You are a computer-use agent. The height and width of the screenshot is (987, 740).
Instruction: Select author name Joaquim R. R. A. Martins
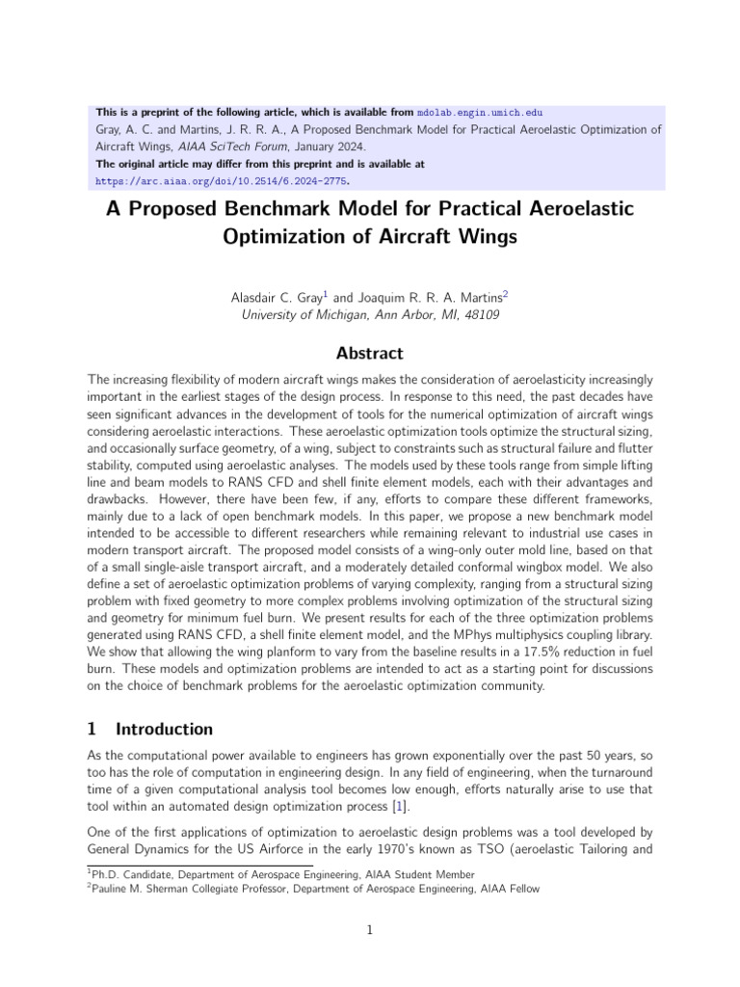click(429, 297)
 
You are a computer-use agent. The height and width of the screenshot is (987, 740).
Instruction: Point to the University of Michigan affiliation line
click(370, 315)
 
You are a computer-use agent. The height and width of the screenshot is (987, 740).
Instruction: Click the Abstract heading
click(370, 353)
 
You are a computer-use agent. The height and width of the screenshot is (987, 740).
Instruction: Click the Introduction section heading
click(164, 729)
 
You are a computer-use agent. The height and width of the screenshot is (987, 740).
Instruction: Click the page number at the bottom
click(370, 930)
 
